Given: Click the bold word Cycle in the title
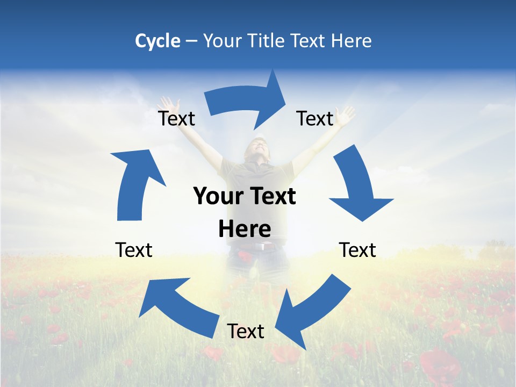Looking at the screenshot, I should click(x=157, y=41).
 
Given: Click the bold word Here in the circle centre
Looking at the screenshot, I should click(x=245, y=229).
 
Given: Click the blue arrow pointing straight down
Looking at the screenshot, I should click(x=358, y=185).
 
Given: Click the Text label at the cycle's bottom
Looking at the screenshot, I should click(x=246, y=332).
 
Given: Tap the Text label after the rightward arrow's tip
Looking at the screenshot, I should click(x=315, y=118).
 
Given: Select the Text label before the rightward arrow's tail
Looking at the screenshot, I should click(x=177, y=118).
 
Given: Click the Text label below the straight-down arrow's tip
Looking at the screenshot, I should click(x=357, y=250).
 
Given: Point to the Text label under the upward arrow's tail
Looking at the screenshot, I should click(x=134, y=250).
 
